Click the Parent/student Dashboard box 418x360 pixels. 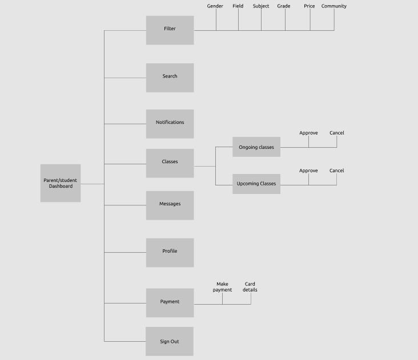(x=61, y=183)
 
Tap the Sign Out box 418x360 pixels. (x=169, y=341)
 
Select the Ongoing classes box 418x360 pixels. (x=256, y=147)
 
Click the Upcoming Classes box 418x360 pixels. (x=256, y=184)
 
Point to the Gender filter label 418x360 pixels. (x=215, y=6)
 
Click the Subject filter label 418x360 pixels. (x=261, y=6)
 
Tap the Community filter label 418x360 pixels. (x=334, y=6)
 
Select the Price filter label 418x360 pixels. (x=310, y=6)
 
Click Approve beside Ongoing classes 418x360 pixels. (x=308, y=133)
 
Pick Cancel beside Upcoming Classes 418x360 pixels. (x=337, y=171)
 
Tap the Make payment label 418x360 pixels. (x=222, y=287)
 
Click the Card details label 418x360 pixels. (x=250, y=287)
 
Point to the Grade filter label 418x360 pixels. (x=284, y=6)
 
